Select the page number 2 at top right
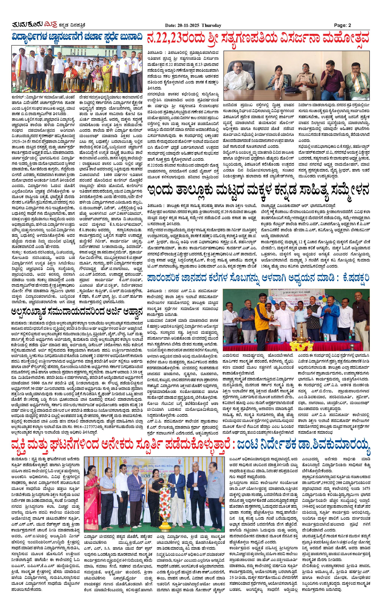click(x=350, y=25)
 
